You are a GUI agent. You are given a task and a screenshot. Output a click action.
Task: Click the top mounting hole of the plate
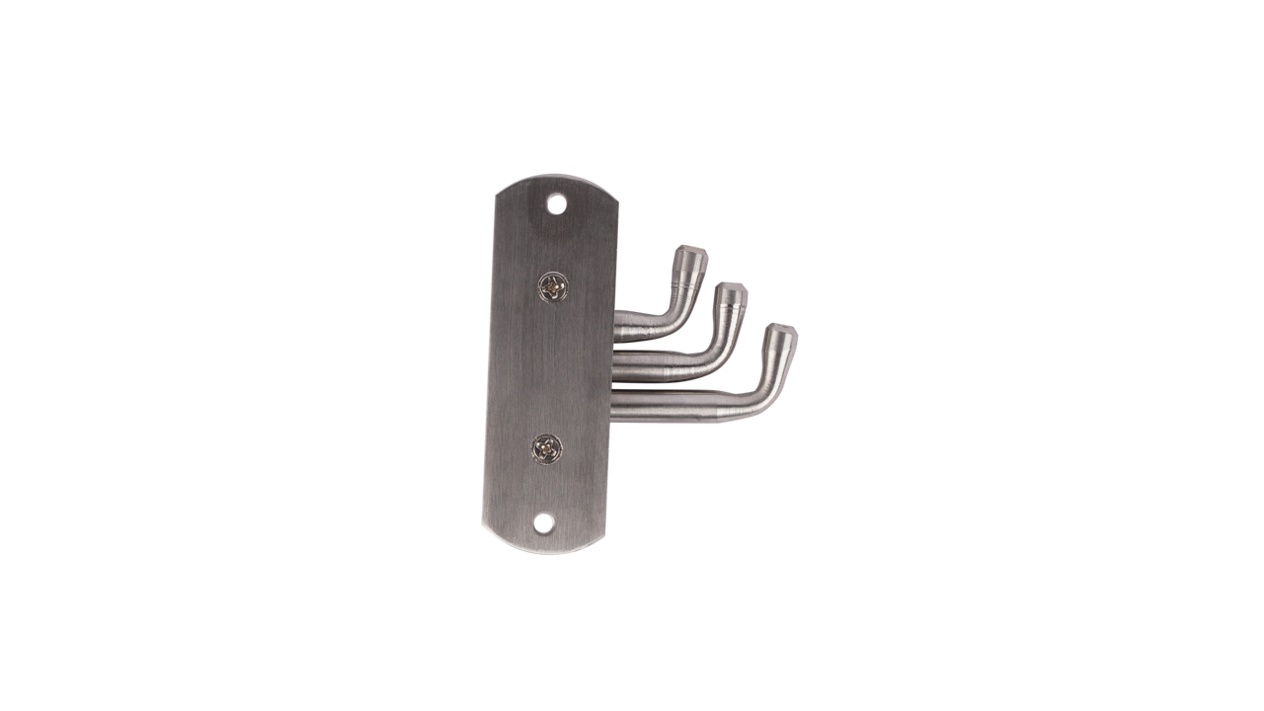point(557,205)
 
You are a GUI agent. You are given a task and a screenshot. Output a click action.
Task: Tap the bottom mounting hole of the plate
point(543,523)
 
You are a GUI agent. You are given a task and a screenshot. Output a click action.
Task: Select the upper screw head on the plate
point(552,287)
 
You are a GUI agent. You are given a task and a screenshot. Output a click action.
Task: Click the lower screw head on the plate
point(546,449)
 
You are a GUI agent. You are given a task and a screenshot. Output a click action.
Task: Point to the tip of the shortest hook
point(691,253)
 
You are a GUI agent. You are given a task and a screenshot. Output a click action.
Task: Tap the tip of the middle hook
point(731,291)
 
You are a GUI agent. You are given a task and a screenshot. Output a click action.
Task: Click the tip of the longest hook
point(782,332)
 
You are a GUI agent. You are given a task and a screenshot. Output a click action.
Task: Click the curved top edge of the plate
point(559,180)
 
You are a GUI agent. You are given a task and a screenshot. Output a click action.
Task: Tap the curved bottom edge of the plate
point(541,548)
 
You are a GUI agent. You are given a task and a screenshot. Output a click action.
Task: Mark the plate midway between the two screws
point(549,368)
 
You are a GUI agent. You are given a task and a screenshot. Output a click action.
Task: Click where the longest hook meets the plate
point(616,407)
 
